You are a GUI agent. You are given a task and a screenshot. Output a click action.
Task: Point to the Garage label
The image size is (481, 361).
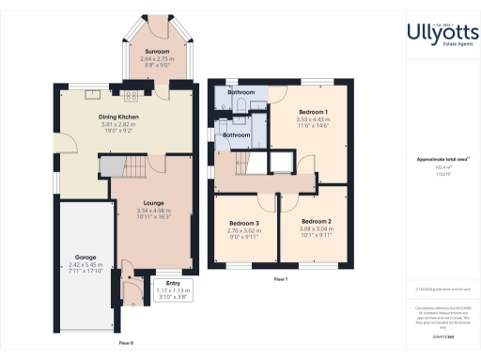pos(87,257)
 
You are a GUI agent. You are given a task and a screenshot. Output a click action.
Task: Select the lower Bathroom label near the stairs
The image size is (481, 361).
pos(236,134)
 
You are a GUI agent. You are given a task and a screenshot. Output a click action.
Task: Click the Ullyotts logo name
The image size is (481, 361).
pos(429,34)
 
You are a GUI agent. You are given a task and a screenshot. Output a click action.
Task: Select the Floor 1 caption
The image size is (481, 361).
pos(280,279)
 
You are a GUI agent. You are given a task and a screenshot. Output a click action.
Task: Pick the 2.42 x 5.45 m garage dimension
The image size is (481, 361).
pos(87,265)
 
